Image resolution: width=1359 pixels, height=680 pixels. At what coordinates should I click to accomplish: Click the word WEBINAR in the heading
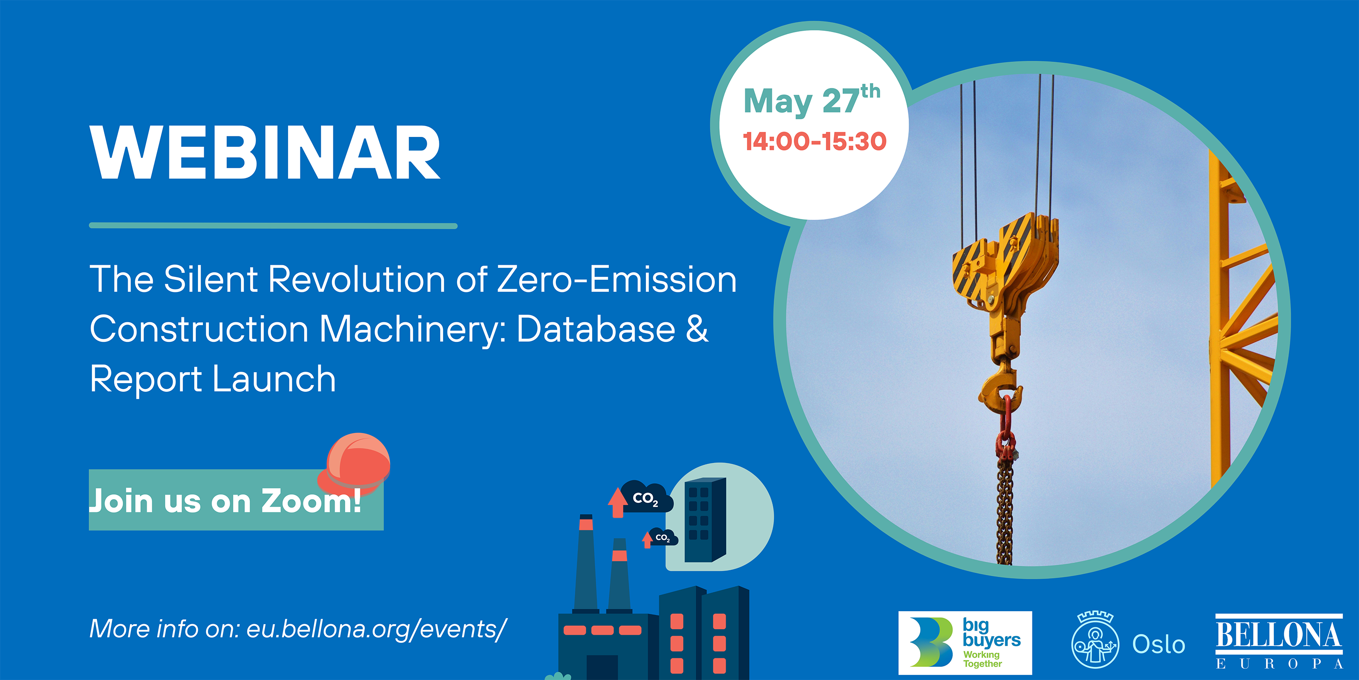[265, 153]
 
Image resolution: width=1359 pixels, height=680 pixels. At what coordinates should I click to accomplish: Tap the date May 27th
[811, 100]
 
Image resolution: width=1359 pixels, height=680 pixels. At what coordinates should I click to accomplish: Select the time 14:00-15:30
[814, 141]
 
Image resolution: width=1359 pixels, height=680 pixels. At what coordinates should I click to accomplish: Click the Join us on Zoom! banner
[236, 500]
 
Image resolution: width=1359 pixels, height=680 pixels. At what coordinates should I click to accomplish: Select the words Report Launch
[212, 379]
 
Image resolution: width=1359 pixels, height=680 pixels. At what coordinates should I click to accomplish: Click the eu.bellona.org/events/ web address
[377, 629]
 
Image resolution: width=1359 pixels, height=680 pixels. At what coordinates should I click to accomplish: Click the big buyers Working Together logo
[965, 642]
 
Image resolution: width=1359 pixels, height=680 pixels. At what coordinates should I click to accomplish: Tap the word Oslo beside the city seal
[1158, 644]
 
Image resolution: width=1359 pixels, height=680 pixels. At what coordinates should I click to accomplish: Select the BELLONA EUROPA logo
[1279, 641]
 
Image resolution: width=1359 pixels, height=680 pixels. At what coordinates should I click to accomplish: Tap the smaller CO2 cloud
[663, 537]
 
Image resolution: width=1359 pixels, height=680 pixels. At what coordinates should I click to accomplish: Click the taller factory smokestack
[586, 563]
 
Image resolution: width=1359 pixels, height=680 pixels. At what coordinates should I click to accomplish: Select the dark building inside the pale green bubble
[705, 520]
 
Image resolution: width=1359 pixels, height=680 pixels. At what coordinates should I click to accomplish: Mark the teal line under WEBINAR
[273, 226]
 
